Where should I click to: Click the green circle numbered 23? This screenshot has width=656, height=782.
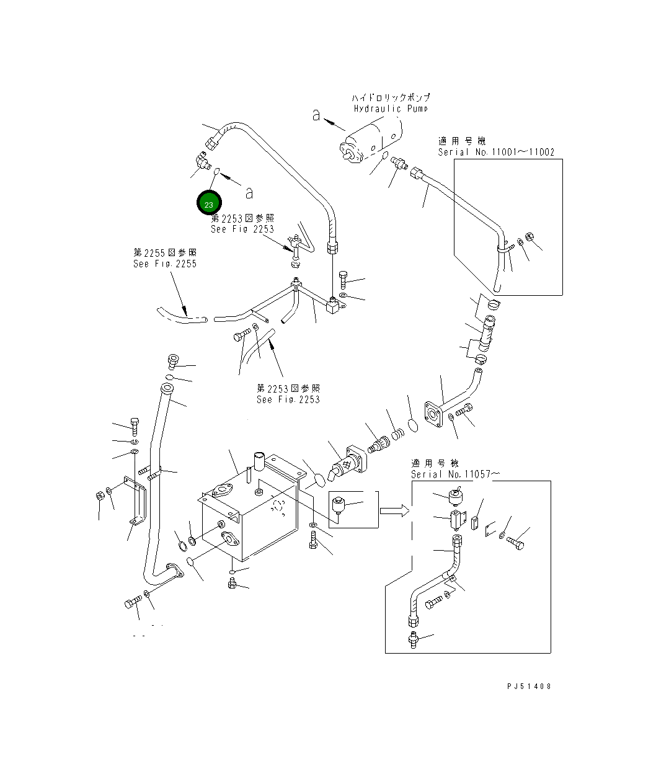(209, 203)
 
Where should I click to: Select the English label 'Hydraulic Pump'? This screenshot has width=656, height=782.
(391, 109)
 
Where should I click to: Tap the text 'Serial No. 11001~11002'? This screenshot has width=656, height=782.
(496, 152)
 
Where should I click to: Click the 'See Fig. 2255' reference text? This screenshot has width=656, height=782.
(165, 264)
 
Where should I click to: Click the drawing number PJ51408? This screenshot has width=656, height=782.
(528, 686)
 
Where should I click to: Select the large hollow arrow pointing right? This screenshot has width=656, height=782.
(394, 510)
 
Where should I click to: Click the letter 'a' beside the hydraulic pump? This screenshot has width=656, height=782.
(316, 115)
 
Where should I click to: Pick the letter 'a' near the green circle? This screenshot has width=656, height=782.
(249, 193)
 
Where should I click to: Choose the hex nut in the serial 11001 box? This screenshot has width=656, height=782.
(530, 237)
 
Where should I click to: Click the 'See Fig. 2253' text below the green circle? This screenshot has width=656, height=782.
(242, 229)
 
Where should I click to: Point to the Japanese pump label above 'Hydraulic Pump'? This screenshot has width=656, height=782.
(391, 97)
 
